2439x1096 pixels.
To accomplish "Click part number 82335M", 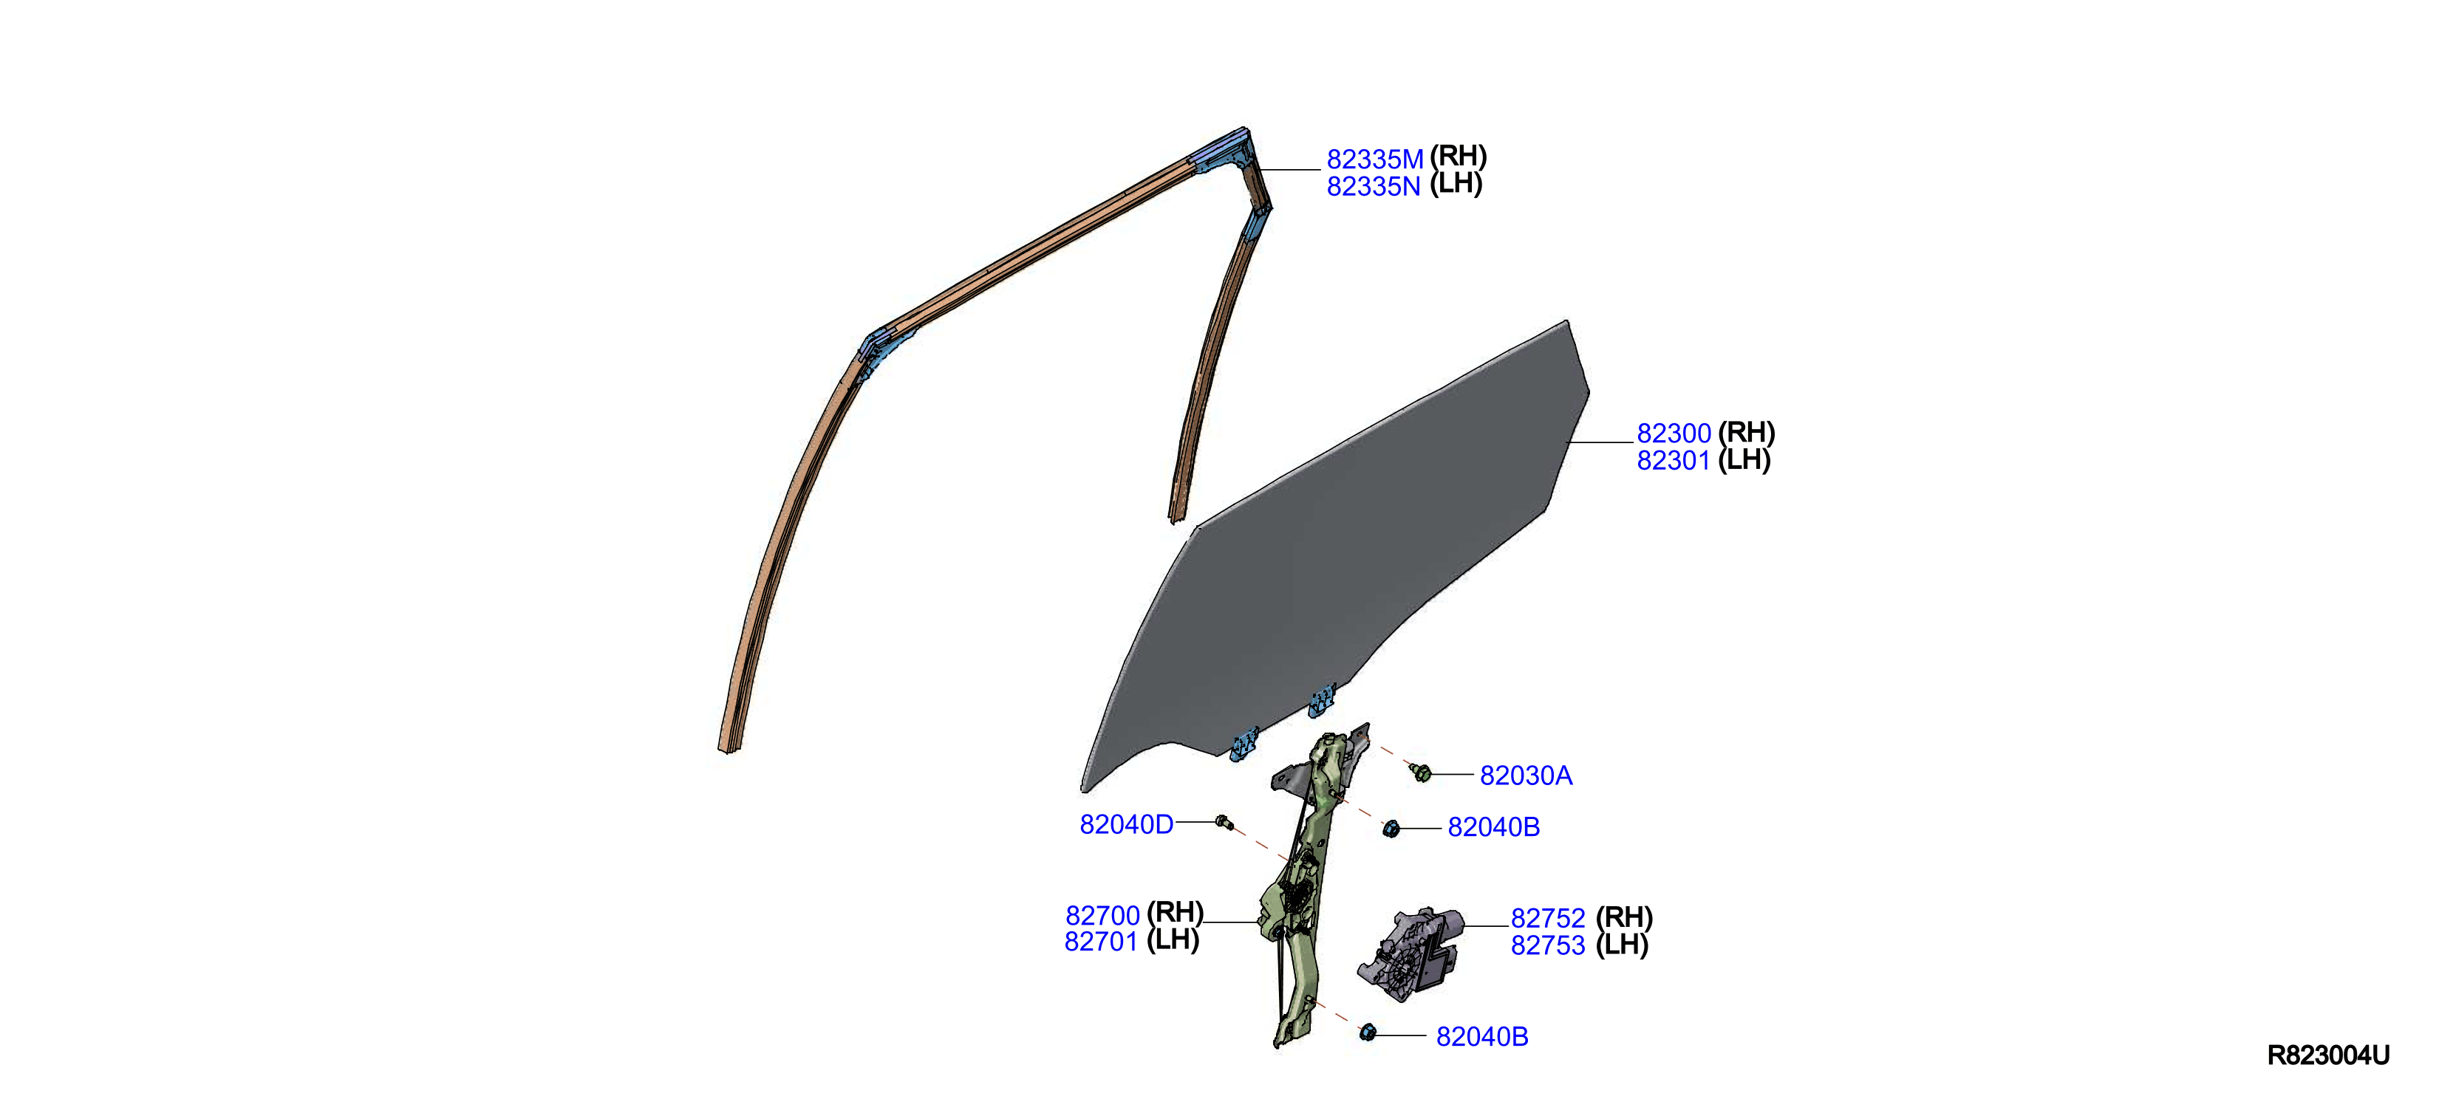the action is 1375,159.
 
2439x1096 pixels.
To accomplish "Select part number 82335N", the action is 1374,186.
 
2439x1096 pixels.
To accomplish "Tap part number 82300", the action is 1674,434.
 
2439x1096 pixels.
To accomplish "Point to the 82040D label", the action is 1127,825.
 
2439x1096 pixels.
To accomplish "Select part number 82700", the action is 1102,917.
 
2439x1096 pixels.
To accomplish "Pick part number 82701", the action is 1101,942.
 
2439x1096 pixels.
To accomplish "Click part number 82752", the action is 1548,919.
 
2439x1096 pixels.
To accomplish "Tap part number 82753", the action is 1548,945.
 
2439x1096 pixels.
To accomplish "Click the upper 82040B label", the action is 1494,828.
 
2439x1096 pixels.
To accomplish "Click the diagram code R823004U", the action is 2328,1056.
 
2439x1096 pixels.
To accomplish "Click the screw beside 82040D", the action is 1224,823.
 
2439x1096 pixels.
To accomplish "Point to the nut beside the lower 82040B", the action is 1367,1032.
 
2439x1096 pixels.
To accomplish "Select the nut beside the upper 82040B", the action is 1391,829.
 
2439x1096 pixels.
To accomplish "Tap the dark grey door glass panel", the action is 1345,568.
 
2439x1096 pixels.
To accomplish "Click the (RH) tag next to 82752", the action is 1624,918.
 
